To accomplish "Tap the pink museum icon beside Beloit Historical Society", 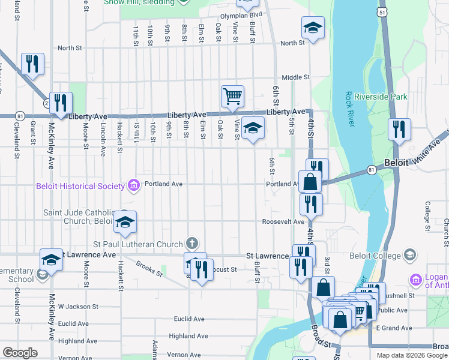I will (133, 185).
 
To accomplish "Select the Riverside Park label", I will (381, 97).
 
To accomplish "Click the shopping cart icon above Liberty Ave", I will (232, 96).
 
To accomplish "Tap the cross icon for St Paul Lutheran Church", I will (191, 244).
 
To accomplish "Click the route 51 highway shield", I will (383, 12).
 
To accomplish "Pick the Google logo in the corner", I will (20, 352).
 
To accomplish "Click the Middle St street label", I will (295, 77).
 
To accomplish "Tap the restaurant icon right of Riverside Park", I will (399, 129).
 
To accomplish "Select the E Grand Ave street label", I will (393, 328).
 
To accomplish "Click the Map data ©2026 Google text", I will (412, 355).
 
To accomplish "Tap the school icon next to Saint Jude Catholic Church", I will (125, 222).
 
